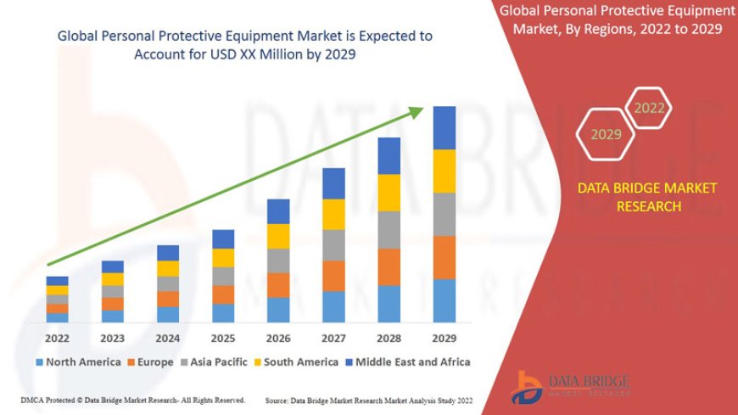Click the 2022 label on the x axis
(x=58, y=338)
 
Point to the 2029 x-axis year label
(x=444, y=338)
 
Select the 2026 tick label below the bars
(x=278, y=338)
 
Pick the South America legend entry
(x=297, y=362)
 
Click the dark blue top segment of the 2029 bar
(x=444, y=127)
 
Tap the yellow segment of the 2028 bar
(x=389, y=193)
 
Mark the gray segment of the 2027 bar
(x=333, y=245)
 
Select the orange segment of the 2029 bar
(x=444, y=257)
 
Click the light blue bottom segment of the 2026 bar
(x=278, y=310)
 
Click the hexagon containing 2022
(x=649, y=109)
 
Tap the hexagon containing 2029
(x=606, y=134)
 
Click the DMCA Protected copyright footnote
(x=132, y=400)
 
